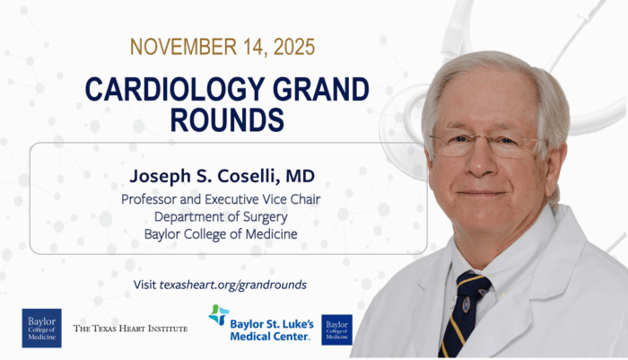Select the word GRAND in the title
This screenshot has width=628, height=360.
point(314,91)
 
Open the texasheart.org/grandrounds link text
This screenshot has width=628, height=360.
point(233,285)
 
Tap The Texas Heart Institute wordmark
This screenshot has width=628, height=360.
point(130,329)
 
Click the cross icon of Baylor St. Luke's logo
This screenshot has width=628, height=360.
point(218,315)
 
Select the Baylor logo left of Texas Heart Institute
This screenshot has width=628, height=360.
point(41,328)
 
